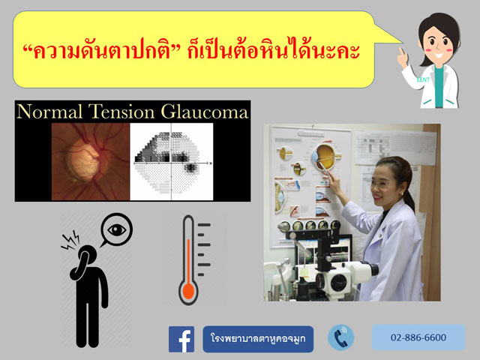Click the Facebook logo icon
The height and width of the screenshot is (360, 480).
click(181, 339)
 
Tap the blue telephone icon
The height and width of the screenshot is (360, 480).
click(341, 337)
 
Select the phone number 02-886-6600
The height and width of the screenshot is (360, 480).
click(418, 337)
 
